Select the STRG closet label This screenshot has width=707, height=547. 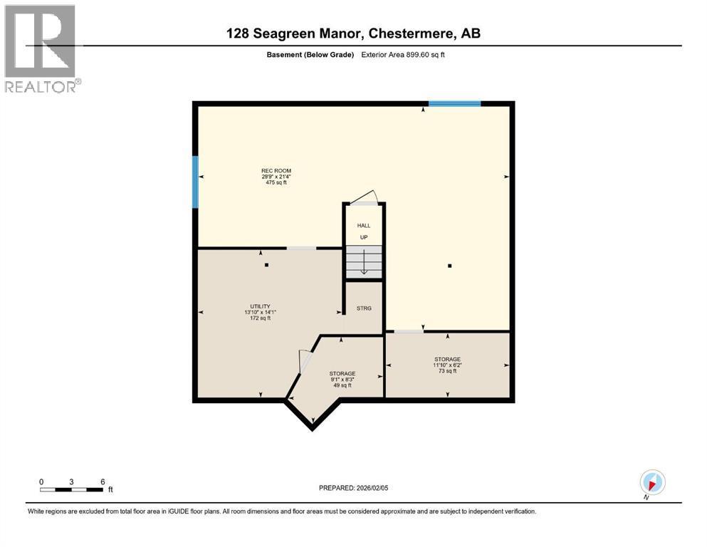364,308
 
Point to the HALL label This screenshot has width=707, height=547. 364,226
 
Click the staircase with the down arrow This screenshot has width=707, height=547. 364,262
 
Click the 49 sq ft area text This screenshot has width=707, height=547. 342,385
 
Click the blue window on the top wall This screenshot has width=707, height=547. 454,104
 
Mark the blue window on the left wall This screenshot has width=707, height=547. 195,182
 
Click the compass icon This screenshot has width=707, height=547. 652,482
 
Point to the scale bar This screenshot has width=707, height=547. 71,489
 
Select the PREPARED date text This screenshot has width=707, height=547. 353,488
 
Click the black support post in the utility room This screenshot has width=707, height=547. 266,265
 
